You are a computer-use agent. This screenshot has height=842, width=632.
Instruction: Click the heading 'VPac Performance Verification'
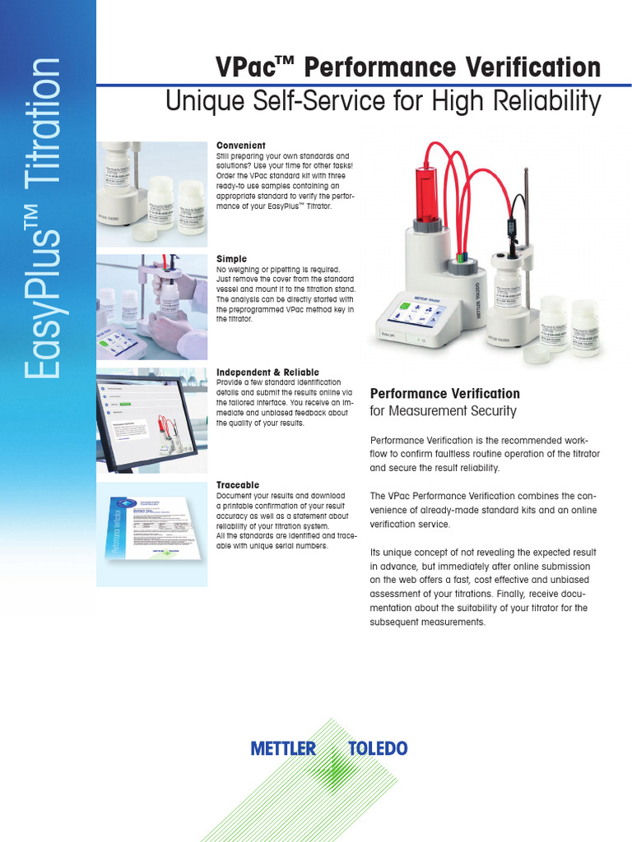tap(407, 67)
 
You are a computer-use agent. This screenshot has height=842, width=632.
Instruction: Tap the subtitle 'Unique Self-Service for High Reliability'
tap(383, 102)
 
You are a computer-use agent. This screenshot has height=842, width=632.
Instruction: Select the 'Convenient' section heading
tap(240, 146)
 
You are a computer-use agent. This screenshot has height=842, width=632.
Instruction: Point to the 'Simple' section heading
tap(231, 259)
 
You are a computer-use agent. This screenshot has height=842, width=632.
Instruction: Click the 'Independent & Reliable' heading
tap(267, 372)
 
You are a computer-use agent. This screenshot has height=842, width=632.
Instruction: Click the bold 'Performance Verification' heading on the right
tap(445, 394)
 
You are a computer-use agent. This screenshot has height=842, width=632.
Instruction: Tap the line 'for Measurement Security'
tap(444, 411)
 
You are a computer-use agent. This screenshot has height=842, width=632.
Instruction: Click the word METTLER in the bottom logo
tap(283, 748)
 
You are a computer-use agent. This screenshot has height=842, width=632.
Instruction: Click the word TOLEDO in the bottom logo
tap(377, 748)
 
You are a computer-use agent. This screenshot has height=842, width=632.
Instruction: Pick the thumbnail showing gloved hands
tap(151, 307)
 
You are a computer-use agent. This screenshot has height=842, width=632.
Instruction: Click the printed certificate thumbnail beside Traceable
tap(151, 534)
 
